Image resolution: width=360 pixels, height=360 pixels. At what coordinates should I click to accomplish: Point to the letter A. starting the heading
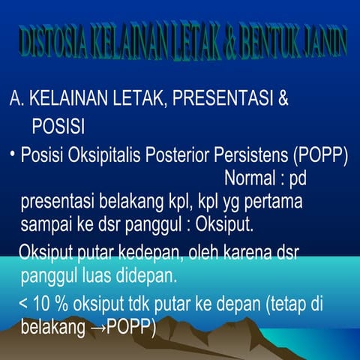pyautogui.click(x=16, y=99)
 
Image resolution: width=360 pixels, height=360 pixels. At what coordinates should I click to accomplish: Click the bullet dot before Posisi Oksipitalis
pyautogui.click(x=13, y=154)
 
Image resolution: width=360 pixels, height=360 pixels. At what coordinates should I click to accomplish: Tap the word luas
pyautogui.click(x=98, y=275)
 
